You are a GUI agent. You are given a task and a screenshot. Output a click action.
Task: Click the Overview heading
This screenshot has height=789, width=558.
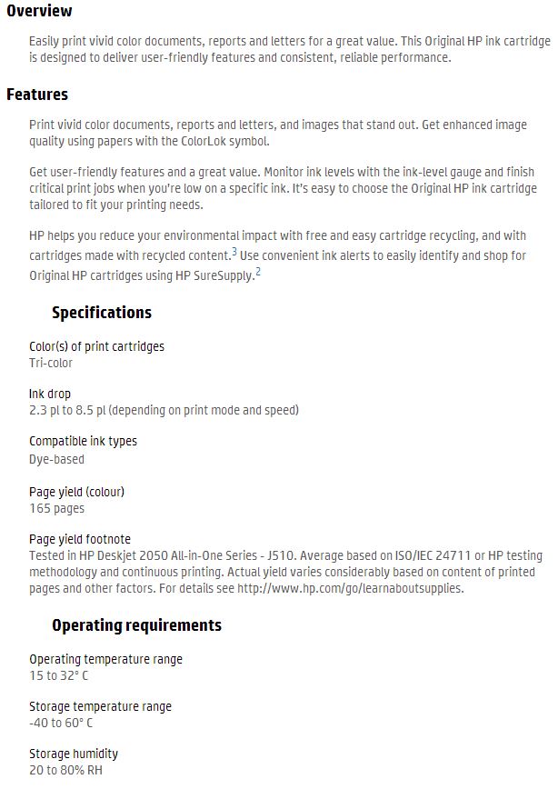click(x=39, y=11)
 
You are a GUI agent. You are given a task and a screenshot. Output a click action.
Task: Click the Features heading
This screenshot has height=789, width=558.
click(x=37, y=95)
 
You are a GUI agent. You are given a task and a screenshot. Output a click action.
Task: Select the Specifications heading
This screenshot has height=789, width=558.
click(x=102, y=313)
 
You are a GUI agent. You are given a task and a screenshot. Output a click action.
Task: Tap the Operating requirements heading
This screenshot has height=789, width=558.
click(x=136, y=625)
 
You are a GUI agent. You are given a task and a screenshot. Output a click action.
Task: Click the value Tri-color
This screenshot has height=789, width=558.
click(x=51, y=363)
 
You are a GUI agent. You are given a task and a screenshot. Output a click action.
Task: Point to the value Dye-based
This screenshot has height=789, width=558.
click(x=56, y=459)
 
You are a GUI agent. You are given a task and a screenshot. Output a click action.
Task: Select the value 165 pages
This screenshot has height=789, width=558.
click(x=56, y=508)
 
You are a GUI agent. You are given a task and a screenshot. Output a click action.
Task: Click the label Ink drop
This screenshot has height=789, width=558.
click(x=50, y=394)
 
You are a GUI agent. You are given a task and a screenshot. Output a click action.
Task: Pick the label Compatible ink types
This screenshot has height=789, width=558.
click(x=83, y=441)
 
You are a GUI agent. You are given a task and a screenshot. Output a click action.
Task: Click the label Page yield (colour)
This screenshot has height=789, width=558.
click(x=76, y=492)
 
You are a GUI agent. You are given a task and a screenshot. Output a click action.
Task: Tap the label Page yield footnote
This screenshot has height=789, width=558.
click(x=80, y=539)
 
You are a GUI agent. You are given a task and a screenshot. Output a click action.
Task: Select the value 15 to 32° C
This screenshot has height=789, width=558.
click(x=59, y=675)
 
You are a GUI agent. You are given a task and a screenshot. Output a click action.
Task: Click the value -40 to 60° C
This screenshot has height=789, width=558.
click(x=61, y=723)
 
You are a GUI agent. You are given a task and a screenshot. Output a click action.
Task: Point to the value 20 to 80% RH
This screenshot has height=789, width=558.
click(x=65, y=770)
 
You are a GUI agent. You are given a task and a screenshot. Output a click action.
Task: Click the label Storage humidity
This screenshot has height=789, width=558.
click(x=74, y=754)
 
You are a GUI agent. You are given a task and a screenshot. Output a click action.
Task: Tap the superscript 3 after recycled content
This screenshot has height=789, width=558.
click(x=234, y=252)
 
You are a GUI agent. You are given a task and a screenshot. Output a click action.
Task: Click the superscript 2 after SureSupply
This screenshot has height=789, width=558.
click(x=258, y=271)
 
